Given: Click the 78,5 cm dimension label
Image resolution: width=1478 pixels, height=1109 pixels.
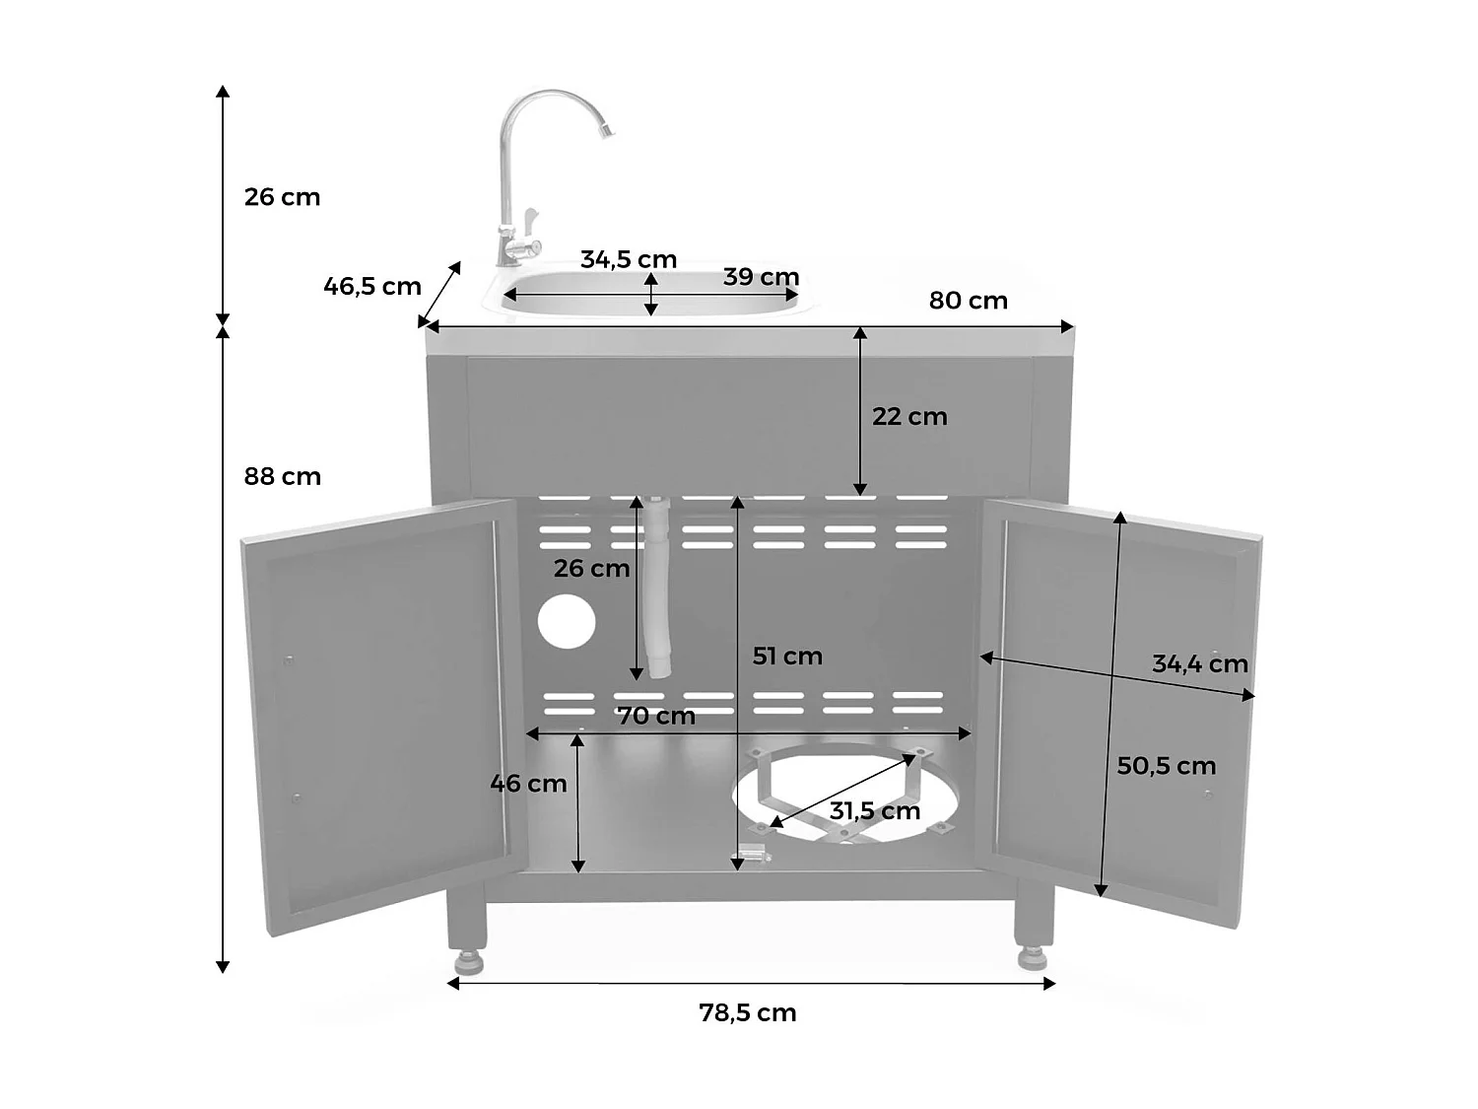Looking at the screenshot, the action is point(748,1012).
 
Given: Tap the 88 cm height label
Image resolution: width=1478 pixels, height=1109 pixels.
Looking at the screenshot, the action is point(283,476).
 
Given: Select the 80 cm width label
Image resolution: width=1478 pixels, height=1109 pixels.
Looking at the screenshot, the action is point(969,301).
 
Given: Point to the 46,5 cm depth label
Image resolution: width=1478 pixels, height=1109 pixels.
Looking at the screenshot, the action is point(372,287).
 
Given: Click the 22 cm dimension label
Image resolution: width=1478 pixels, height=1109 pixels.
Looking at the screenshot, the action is point(909,416).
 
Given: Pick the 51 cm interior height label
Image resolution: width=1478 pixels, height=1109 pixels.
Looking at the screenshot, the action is point(787,656).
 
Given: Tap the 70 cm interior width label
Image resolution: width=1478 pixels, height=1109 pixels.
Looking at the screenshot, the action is point(657,716).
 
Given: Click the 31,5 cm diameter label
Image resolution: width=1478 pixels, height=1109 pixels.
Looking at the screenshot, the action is point(875,811).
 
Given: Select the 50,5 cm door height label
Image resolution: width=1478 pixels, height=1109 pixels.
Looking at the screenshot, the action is point(1167,766).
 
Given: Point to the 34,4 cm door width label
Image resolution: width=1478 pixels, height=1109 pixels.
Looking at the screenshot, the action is point(1200,663).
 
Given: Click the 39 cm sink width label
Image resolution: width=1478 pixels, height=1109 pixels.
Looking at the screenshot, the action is point(761,277).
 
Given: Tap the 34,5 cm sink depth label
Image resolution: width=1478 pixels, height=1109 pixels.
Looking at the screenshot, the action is point(629,259).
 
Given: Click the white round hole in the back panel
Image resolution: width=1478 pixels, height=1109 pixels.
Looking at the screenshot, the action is point(567,622).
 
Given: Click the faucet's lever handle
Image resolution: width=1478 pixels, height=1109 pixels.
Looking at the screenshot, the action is point(529,219).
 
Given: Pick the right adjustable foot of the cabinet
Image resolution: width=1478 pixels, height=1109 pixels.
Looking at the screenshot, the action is point(1032,956).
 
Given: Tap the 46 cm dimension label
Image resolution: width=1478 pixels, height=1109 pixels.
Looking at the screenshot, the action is point(528,784).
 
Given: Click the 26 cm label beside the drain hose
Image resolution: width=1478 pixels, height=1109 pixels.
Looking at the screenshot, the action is point(591,568).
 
